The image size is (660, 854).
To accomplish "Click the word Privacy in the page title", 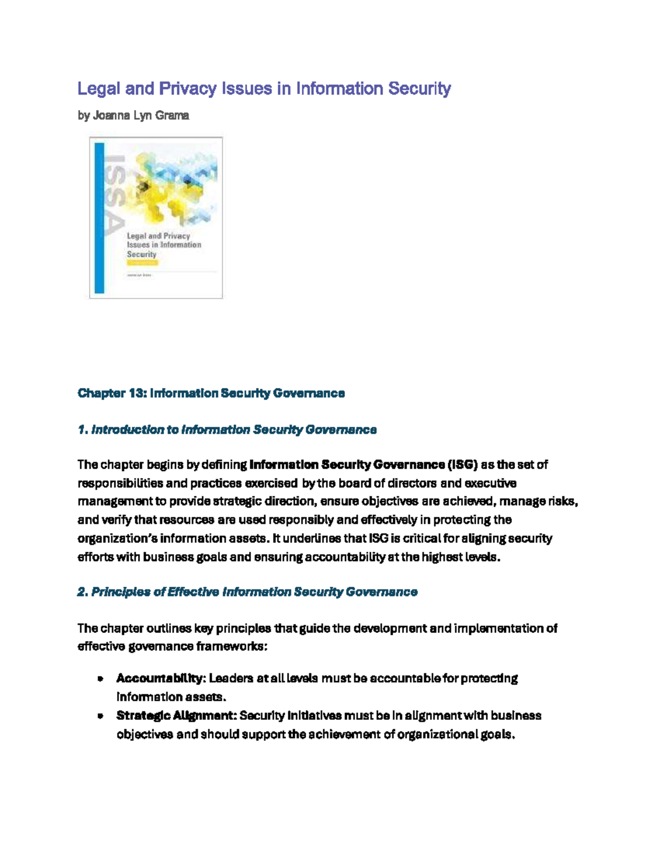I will pyautogui.click(x=188, y=89).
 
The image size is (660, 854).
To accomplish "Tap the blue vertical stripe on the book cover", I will pyautogui.click(x=100, y=218).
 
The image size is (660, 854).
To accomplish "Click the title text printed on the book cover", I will pyautogui.click(x=163, y=245).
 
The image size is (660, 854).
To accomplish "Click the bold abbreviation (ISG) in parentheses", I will pyautogui.click(x=463, y=465).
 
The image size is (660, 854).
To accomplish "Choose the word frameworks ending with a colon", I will pyautogui.click(x=233, y=646).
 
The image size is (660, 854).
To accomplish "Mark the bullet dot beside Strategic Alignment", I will pyautogui.click(x=100, y=716).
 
